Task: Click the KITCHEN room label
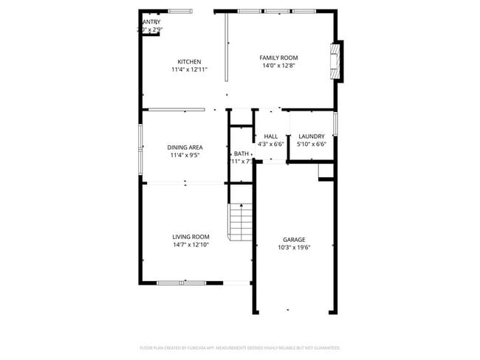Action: (x=189, y=61)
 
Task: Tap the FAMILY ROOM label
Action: (x=278, y=58)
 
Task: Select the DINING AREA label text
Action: (x=185, y=147)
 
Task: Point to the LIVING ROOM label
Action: (x=191, y=237)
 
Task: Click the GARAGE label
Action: (x=294, y=240)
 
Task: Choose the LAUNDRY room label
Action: (x=311, y=136)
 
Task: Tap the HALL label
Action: (x=270, y=136)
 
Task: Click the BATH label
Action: (x=241, y=153)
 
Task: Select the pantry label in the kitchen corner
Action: (x=151, y=22)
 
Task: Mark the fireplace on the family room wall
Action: (x=337, y=60)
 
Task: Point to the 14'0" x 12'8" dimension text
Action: (x=278, y=66)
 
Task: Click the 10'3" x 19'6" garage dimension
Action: (x=294, y=248)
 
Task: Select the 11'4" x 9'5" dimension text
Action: (x=185, y=155)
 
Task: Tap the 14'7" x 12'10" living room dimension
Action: (x=191, y=244)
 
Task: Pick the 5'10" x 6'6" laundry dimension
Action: (x=311, y=144)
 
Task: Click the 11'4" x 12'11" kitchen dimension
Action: (x=189, y=69)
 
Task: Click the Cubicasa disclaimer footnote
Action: (x=240, y=347)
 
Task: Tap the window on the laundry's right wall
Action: (x=335, y=123)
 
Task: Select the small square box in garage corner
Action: (x=326, y=171)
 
